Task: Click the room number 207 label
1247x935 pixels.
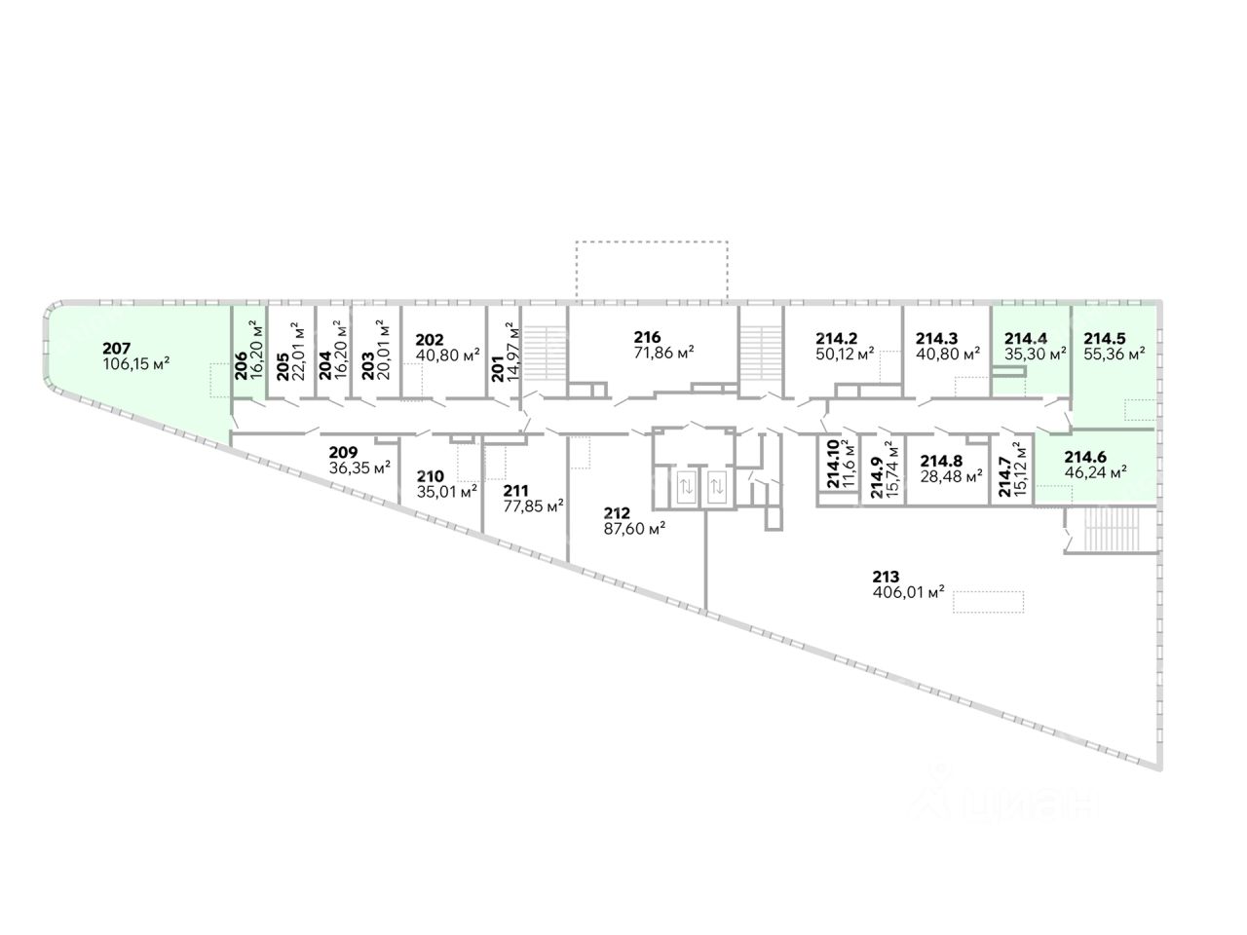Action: pyautogui.click(x=115, y=348)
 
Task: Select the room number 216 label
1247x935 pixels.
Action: pyautogui.click(x=646, y=338)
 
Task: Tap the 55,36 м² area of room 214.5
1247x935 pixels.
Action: pyautogui.click(x=1114, y=354)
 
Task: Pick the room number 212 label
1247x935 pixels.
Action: pyautogui.click(x=617, y=513)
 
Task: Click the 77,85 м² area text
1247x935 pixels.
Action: pyautogui.click(x=535, y=506)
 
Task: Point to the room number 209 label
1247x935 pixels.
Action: pyautogui.click(x=343, y=452)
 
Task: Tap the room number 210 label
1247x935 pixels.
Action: pyautogui.click(x=431, y=476)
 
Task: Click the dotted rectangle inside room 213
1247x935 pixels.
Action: pyautogui.click(x=989, y=601)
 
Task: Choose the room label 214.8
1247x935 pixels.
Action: pyautogui.click(x=942, y=462)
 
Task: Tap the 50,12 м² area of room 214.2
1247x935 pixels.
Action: pyautogui.click(x=844, y=354)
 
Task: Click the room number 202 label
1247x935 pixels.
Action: pyautogui.click(x=430, y=340)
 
